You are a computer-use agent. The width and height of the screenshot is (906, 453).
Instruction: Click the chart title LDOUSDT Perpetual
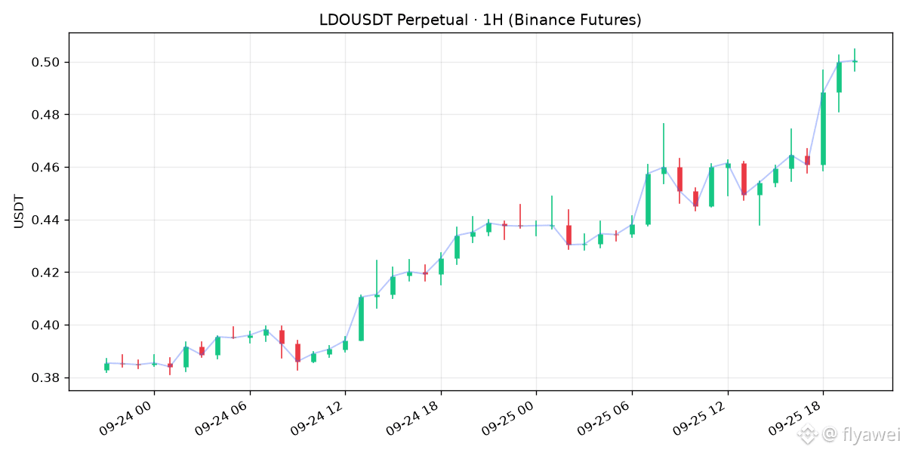pyautogui.click(x=393, y=20)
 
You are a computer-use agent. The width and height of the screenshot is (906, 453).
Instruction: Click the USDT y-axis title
pyautogui.click(x=19, y=211)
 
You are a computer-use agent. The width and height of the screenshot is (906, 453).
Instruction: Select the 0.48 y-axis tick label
pyautogui.click(x=45, y=115)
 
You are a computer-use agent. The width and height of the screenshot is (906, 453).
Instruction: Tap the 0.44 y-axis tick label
pyautogui.click(x=45, y=220)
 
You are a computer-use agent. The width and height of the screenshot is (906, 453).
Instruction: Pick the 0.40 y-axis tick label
pyautogui.click(x=45, y=325)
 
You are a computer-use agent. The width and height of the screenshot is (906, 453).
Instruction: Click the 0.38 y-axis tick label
pyautogui.click(x=45, y=377)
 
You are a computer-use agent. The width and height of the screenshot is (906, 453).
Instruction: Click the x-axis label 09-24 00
pyautogui.click(x=126, y=418)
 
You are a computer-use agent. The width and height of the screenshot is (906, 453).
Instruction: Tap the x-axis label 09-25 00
pyautogui.click(x=508, y=418)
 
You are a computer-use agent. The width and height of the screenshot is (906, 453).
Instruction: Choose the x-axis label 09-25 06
pyautogui.click(x=604, y=418)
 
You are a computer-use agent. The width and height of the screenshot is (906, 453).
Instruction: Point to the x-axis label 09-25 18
pyautogui.click(x=796, y=418)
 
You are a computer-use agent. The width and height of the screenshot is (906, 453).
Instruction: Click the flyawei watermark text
pyautogui.click(x=871, y=434)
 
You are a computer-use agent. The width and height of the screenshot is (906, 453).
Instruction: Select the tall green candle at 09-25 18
pyautogui.click(x=823, y=128)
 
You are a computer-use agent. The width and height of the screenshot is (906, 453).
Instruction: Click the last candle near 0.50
pyautogui.click(x=855, y=61)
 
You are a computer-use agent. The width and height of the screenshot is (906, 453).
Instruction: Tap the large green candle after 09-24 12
pyautogui.click(x=361, y=319)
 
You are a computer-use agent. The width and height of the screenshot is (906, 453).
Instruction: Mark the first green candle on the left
pyautogui.click(x=106, y=366)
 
